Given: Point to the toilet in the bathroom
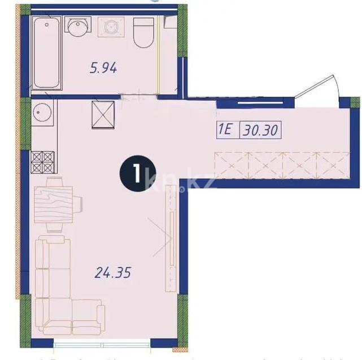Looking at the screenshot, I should (143, 33).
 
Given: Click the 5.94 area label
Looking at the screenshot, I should (103, 69).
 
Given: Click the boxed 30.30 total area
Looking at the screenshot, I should (260, 131).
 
